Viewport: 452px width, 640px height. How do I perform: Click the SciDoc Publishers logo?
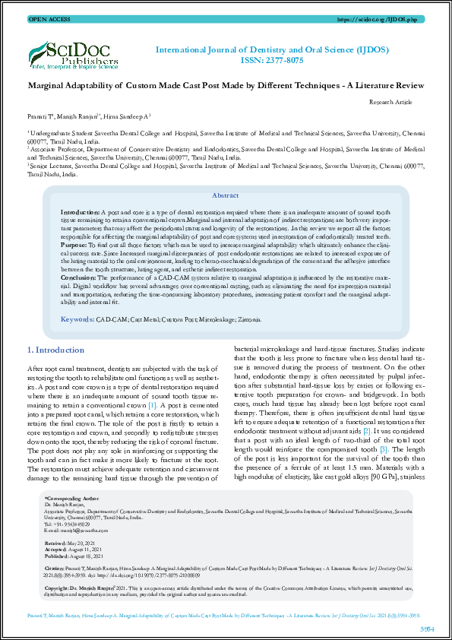74,52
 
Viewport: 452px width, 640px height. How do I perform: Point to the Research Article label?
390,100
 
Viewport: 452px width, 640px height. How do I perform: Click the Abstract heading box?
225,195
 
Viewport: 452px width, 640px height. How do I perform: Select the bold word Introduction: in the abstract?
79,208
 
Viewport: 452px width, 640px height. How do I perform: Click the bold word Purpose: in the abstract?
74,245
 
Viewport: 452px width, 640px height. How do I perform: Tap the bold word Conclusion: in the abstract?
79,277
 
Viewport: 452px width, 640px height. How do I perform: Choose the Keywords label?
77,320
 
